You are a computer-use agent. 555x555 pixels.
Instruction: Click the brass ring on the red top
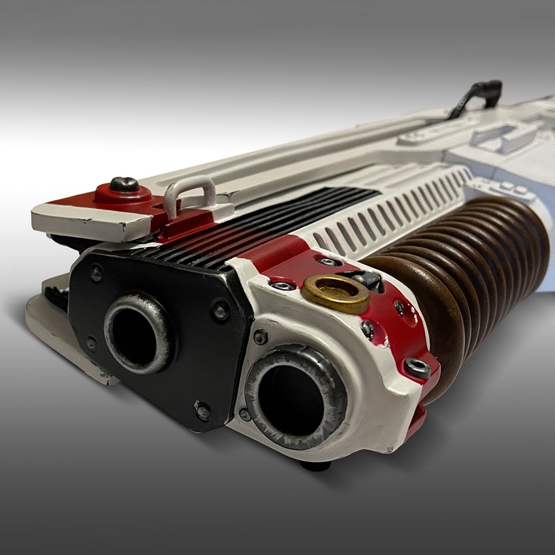336,293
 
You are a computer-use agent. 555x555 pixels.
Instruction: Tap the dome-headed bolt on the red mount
123,185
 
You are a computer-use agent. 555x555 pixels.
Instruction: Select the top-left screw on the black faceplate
96,272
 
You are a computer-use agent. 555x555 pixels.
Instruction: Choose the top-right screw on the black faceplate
220,310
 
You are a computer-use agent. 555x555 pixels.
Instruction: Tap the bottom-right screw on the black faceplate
202,411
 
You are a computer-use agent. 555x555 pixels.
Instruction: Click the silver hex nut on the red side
416,368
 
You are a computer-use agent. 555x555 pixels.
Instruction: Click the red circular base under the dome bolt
124,194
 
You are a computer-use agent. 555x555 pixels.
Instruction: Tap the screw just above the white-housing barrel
260,337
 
